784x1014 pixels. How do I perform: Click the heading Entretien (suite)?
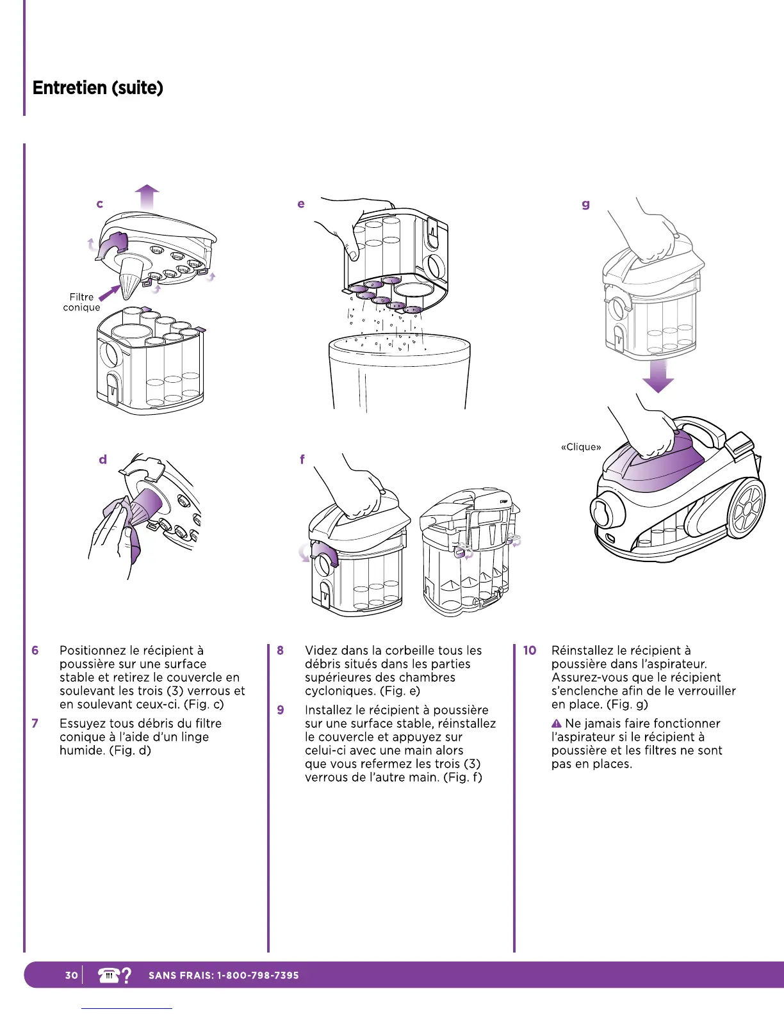[98, 88]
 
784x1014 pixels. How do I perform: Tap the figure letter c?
[99, 204]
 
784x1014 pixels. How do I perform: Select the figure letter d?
[102, 460]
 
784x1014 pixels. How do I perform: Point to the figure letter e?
[301, 204]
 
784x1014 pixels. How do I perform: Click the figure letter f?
[302, 460]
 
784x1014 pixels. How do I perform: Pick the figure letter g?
[585, 205]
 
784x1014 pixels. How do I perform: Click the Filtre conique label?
[81, 302]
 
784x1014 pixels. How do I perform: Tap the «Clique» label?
[581, 447]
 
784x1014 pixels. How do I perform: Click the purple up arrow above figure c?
[147, 196]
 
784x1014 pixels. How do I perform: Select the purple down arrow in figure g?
[658, 376]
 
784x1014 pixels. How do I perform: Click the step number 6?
[35, 650]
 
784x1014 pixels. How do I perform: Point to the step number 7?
[35, 723]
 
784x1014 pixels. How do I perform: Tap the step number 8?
[281, 650]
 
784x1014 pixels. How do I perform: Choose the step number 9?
[281, 710]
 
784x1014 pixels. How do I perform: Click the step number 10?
[530, 650]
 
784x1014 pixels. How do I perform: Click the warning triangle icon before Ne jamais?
[557, 723]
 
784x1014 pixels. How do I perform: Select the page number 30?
[71, 975]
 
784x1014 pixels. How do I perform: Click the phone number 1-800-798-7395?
[258, 976]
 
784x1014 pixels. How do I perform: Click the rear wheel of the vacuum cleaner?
[746, 510]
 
